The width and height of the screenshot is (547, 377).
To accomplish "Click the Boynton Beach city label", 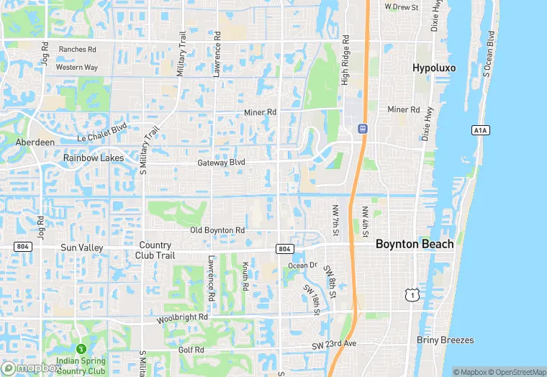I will click(x=415, y=244).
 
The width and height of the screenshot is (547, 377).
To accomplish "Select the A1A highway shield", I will click(x=481, y=130).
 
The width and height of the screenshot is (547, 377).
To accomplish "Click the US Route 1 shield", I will click(x=412, y=295).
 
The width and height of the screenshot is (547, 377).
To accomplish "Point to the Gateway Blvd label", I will click(x=222, y=163).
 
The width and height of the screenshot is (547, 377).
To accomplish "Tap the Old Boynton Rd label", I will click(x=217, y=230).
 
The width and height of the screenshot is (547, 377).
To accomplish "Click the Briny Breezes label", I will click(x=444, y=340).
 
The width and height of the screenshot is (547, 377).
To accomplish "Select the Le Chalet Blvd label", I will click(x=101, y=131).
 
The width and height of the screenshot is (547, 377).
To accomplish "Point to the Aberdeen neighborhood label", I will click(x=35, y=142).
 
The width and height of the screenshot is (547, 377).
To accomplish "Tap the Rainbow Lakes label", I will click(x=93, y=158).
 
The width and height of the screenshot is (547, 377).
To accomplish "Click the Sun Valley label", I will click(x=82, y=247).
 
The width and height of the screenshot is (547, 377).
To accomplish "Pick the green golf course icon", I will click(x=81, y=348).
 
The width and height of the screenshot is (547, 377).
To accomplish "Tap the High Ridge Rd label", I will click(x=345, y=60).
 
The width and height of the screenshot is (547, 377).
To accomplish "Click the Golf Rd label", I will click(x=191, y=350).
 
